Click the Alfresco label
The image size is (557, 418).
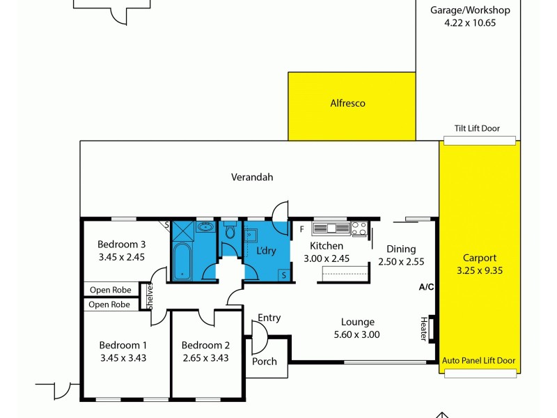pyautogui.click(x=347, y=103)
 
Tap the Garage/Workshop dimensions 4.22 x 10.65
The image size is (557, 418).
pyautogui.click(x=469, y=22)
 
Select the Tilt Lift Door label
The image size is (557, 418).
pyautogui.click(x=477, y=128)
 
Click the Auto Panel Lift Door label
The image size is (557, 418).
pyautogui.click(x=479, y=360)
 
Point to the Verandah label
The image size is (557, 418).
pyautogui.click(x=252, y=177)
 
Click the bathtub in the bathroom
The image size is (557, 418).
pyautogui.click(x=182, y=261)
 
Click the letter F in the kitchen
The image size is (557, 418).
pyautogui.click(x=301, y=229)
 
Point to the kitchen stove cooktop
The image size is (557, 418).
pyautogui.click(x=359, y=229)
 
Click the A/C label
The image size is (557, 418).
pyautogui.click(x=427, y=286)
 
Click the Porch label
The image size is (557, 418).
pyautogui.click(x=264, y=361)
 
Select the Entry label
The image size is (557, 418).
pyautogui.click(x=269, y=318)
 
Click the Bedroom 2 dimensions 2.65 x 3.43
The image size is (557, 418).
pyautogui.click(x=205, y=358)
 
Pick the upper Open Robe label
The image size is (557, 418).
pyautogui.click(x=110, y=289)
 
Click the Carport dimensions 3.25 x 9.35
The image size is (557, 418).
pyautogui.click(x=479, y=270)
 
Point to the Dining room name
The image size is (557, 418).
pyautogui.click(x=401, y=249)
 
